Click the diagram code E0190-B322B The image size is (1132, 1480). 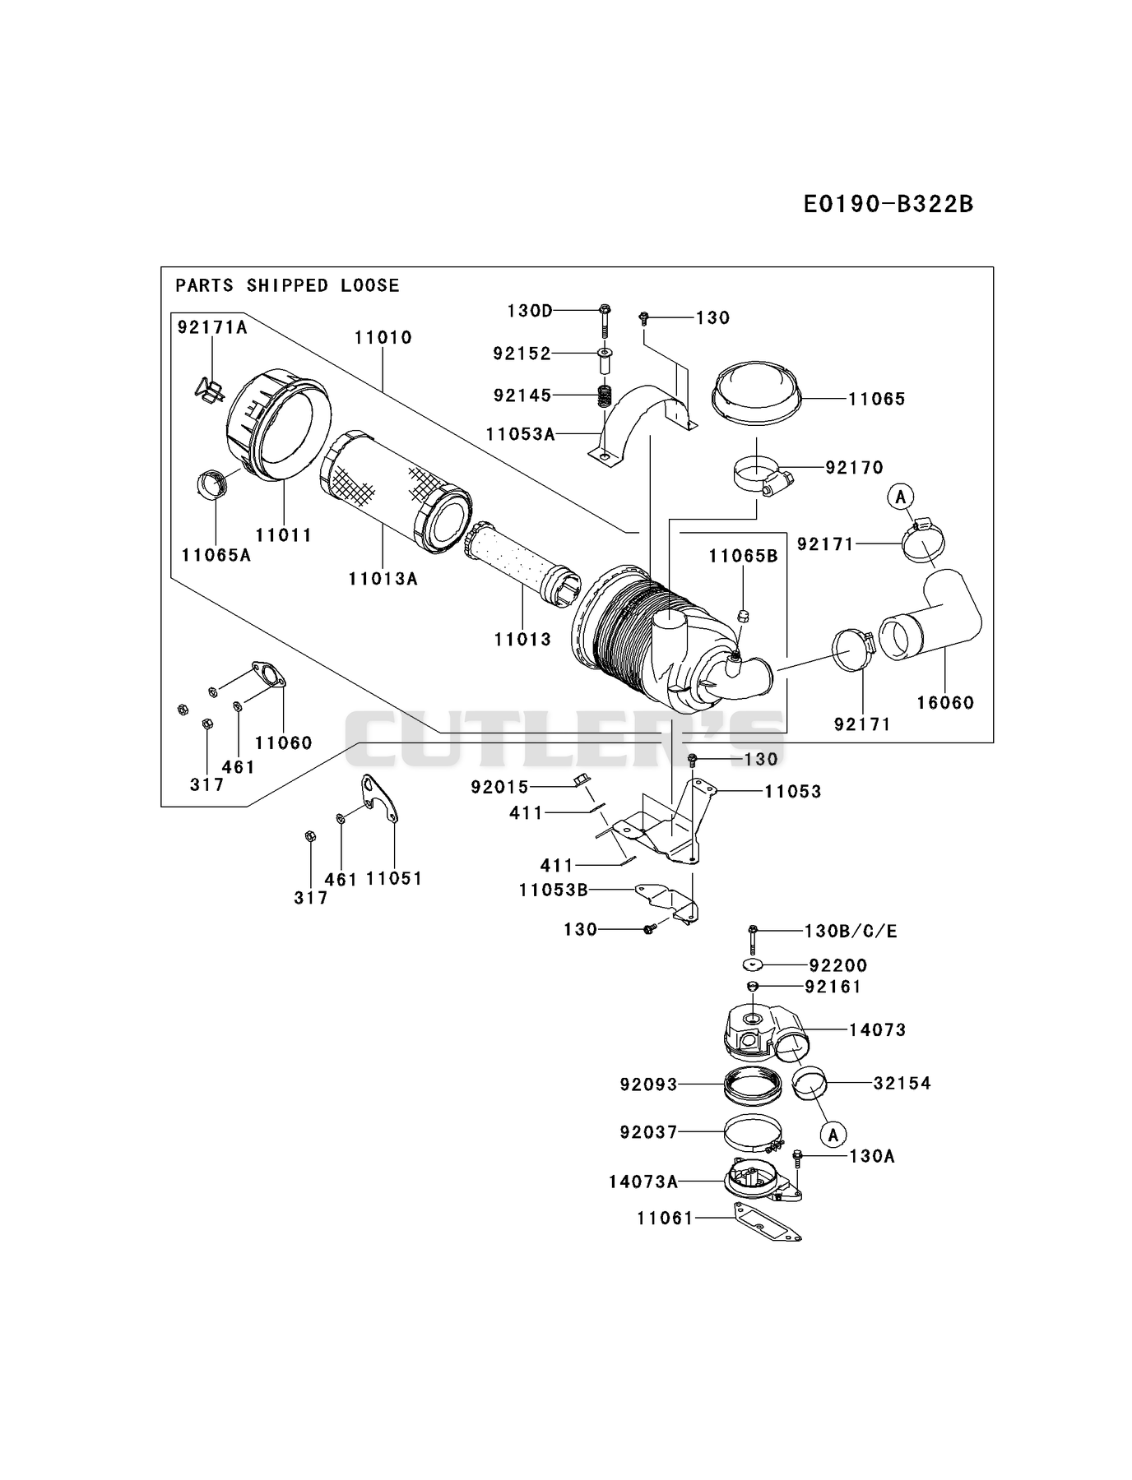[888, 203]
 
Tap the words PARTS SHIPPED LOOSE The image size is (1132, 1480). [287, 285]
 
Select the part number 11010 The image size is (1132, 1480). [383, 337]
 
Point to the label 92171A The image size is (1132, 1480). [212, 327]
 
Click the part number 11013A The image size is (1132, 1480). [383, 579]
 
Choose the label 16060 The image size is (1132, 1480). [945, 702]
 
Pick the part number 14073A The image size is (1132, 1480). [643, 1182]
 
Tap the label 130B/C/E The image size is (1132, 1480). [851, 931]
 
